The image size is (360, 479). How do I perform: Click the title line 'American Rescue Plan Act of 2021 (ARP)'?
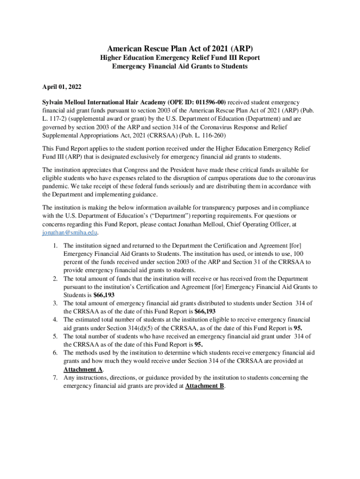(180, 49)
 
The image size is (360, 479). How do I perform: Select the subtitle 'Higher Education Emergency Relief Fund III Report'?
(180, 58)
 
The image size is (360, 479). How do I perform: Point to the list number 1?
(55, 245)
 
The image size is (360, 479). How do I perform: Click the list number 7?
(55, 377)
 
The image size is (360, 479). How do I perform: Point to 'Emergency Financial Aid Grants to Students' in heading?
(180, 66)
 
